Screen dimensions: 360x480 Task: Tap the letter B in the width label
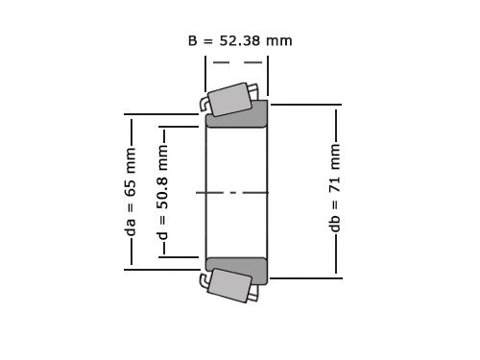point(193,40)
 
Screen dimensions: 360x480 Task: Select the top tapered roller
point(230,99)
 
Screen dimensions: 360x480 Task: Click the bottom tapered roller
point(230,285)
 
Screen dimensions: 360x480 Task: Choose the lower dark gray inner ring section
point(237,270)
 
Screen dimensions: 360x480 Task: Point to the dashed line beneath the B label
point(237,62)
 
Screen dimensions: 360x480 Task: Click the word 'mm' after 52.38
point(280,40)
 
